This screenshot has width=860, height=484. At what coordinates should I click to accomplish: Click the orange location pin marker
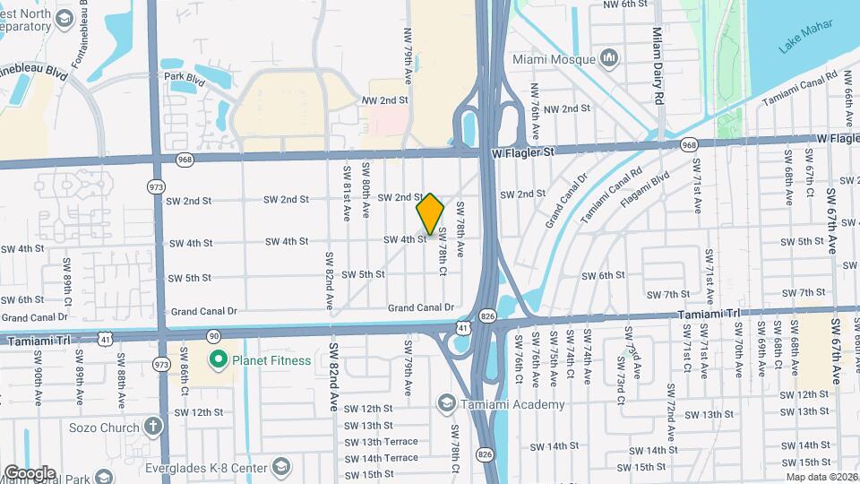click(x=430, y=214)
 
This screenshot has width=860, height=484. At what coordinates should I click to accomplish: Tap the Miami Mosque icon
click(x=611, y=59)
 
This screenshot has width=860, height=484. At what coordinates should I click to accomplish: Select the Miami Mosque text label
click(x=554, y=59)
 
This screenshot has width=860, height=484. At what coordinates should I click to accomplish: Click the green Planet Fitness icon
click(x=217, y=360)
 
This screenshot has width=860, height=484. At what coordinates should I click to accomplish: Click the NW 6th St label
click(x=624, y=4)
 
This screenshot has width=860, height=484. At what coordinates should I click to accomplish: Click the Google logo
click(x=30, y=472)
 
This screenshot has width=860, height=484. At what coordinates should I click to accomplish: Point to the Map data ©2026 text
click(x=822, y=477)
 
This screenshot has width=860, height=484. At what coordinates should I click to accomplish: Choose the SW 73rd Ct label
click(x=618, y=365)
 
